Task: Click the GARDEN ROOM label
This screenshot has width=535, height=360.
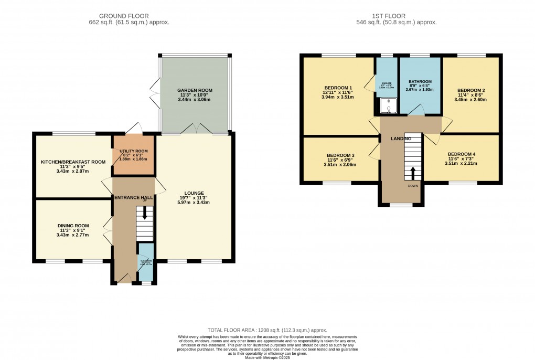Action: (195, 90)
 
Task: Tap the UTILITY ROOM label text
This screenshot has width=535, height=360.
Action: (133, 151)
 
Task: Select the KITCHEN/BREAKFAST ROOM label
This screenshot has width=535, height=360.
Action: (73, 162)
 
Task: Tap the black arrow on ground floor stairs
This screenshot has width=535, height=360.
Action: (145, 216)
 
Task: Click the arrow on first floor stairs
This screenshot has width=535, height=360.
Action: (413, 173)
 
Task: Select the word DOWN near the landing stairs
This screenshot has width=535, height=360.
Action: (413, 185)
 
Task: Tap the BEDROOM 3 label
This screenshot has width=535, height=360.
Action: (340, 155)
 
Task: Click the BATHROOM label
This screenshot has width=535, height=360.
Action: (420, 82)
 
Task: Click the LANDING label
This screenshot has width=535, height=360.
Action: (400, 139)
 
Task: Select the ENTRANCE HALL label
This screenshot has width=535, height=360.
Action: (133, 197)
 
